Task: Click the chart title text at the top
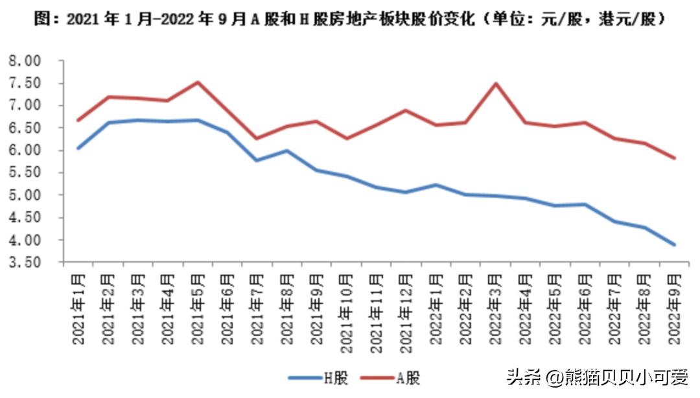pos(350,19)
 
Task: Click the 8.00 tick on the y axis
pos(25,61)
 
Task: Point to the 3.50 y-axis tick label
pos(25,263)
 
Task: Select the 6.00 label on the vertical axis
pos(25,150)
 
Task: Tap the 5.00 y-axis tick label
pos(25,195)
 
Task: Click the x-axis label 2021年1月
pos(78,308)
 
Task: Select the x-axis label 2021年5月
pos(198,308)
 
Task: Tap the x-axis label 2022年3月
pos(496,308)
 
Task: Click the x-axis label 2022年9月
pos(675,308)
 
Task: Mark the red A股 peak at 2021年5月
pos(198,82)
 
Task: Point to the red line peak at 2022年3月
pos(496,83)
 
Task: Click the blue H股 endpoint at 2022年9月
pos(675,244)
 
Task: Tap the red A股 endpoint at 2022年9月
pos(675,158)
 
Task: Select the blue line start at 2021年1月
pos(78,148)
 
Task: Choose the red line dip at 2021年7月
pos(257,138)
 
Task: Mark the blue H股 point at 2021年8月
pos(287,151)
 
